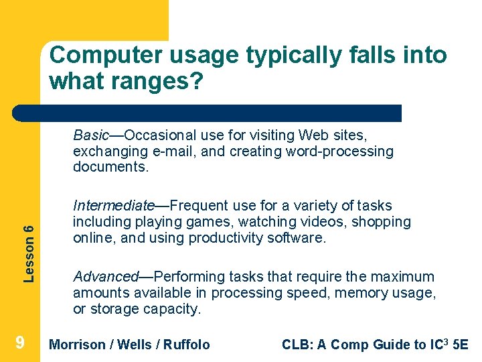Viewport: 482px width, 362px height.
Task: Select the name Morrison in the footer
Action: [78, 345]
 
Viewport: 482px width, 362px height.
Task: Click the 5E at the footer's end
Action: [460, 345]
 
